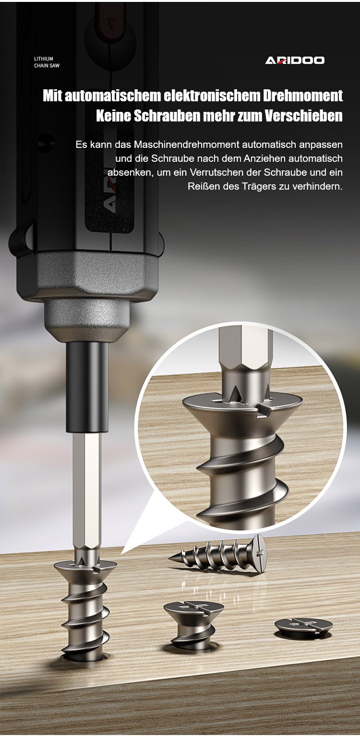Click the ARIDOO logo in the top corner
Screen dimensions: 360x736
295,60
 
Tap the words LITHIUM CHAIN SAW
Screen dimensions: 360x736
47,62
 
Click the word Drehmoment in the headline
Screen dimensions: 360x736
302,96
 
